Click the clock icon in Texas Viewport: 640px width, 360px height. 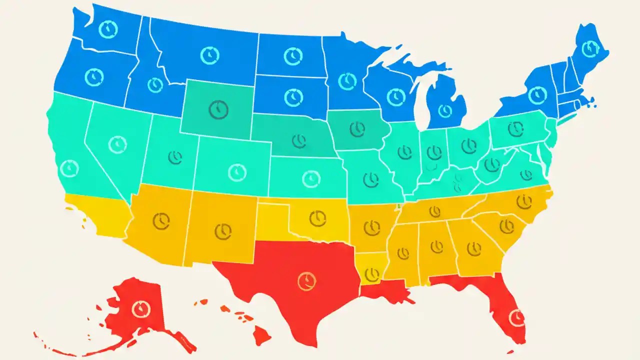point(306,281)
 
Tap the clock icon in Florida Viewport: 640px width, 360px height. point(516,316)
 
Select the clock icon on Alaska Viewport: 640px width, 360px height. point(141,308)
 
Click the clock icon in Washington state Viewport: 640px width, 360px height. point(107,29)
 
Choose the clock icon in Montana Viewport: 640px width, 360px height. point(209,55)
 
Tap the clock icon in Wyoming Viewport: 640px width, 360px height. point(218,109)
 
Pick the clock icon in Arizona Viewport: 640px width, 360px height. point(161,221)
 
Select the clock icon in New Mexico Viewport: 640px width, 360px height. point(223,231)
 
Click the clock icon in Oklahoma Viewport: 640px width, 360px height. point(317,218)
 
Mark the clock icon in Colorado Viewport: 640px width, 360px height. point(237,172)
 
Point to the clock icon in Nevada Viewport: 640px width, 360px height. point(117,144)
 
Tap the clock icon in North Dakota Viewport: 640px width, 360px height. point(292,56)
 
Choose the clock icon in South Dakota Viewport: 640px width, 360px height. point(293,97)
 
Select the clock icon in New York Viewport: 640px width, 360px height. point(537,94)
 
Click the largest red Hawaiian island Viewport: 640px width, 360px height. point(260,335)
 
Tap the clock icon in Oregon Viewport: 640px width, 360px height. point(94,77)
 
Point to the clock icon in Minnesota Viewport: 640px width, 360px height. point(347,80)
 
